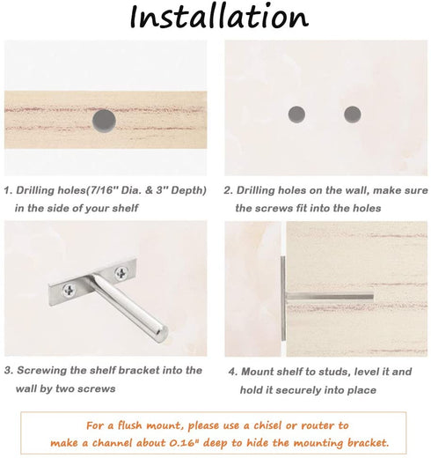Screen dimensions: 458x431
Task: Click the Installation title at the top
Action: tap(218, 18)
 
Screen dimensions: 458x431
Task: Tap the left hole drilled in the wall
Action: tap(297, 113)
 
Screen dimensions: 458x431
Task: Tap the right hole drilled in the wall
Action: tap(353, 114)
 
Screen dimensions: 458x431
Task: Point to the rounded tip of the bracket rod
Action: tap(161, 333)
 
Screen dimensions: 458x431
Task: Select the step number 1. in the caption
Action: tap(8, 190)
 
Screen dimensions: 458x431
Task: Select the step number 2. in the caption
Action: tap(228, 190)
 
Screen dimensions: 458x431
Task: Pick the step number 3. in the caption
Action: tap(8, 370)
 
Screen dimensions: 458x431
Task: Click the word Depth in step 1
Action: tap(185, 190)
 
